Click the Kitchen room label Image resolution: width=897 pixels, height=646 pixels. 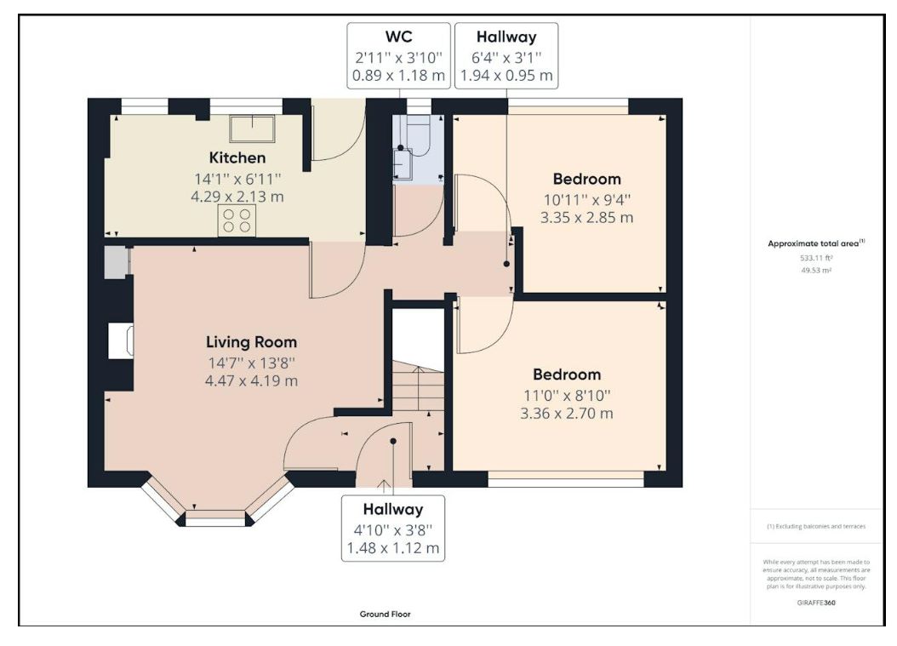click(x=237, y=158)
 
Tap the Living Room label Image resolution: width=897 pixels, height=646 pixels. click(x=251, y=342)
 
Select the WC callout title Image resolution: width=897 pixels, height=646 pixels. click(x=399, y=37)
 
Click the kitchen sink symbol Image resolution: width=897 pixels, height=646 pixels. click(x=252, y=129)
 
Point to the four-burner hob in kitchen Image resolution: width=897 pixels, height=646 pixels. click(x=237, y=220)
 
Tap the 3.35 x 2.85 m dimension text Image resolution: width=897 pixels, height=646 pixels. click(x=586, y=217)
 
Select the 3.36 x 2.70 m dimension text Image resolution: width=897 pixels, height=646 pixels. click(x=566, y=413)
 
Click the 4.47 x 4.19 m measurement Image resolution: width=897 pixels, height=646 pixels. click(x=251, y=380)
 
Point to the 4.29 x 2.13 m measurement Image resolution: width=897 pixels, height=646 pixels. click(x=237, y=197)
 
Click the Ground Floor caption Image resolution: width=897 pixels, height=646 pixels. click(x=385, y=614)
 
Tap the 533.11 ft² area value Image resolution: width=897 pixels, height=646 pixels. click(x=816, y=258)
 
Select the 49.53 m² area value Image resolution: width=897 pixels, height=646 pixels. click(x=816, y=270)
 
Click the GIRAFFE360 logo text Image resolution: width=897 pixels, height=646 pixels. click(x=816, y=603)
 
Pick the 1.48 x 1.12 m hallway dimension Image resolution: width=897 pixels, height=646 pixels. click(x=393, y=548)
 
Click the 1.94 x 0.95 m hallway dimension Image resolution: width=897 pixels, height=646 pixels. click(x=506, y=76)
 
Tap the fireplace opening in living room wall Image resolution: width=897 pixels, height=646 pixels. click(x=122, y=341)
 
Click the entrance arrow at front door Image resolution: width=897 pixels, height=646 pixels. click(x=384, y=486)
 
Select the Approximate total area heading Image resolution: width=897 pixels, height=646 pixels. click(x=816, y=243)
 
